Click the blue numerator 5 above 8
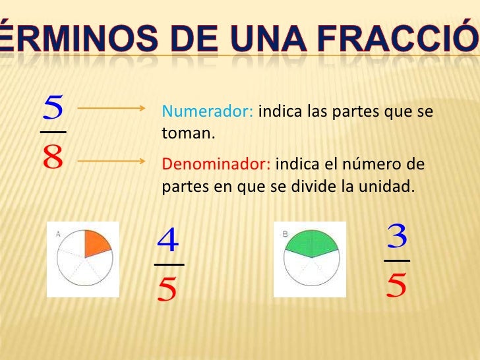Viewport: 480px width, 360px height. (53, 107)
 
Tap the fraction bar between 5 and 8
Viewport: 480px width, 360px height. (53, 132)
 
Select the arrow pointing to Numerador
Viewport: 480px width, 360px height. (117, 107)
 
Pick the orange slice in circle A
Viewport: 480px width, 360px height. (96, 244)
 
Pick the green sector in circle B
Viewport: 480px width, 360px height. (311, 243)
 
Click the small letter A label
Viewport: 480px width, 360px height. (59, 233)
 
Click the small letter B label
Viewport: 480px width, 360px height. (285, 233)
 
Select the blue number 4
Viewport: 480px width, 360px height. (169, 240)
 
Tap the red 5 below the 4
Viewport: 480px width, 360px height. (169, 288)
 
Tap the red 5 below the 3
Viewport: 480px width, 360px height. (397, 285)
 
